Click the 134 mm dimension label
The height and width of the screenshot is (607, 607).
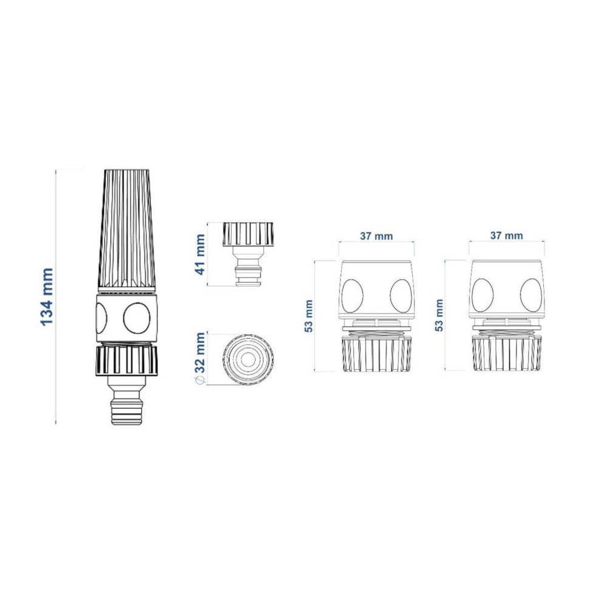click(x=47, y=297)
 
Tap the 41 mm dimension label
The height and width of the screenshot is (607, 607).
click(x=200, y=254)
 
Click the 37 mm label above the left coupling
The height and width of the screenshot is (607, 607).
click(x=376, y=236)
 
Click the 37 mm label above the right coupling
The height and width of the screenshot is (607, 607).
click(x=506, y=236)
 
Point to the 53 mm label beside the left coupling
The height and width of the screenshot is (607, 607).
click(x=309, y=316)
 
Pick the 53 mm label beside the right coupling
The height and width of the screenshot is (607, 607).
click(x=439, y=315)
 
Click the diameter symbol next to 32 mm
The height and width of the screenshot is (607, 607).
click(x=200, y=381)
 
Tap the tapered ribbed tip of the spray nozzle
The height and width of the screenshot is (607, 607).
click(x=127, y=230)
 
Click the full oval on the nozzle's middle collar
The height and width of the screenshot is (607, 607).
click(x=137, y=318)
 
